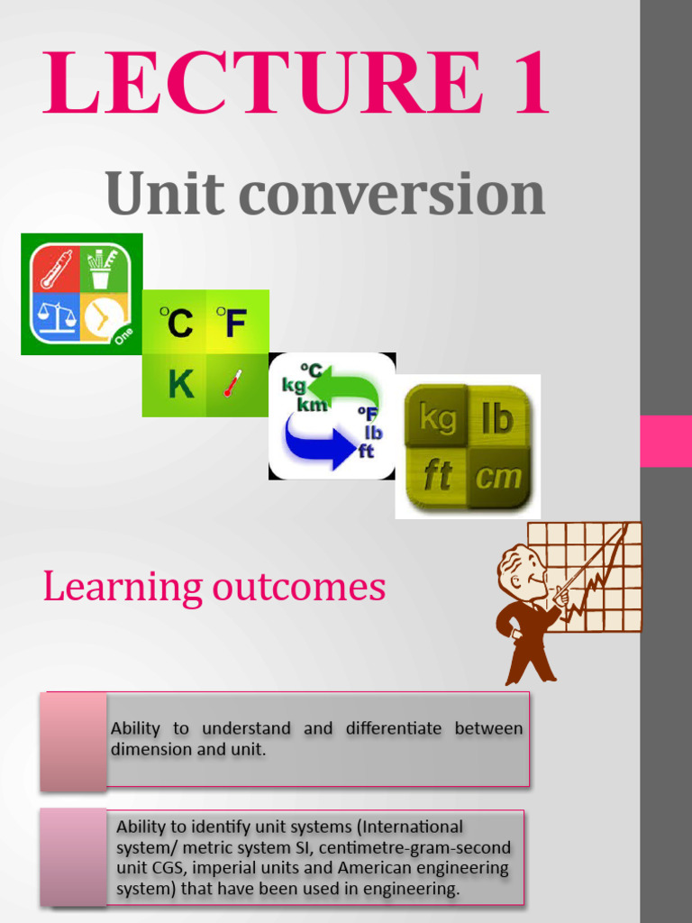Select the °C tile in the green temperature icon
(x=176, y=322)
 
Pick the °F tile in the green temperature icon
(x=232, y=322)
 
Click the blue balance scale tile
(x=57, y=318)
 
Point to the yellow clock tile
(x=105, y=318)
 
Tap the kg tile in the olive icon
(x=438, y=418)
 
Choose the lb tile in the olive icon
(x=496, y=418)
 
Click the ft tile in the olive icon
(x=438, y=475)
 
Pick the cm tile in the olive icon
(x=497, y=475)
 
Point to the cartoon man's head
(x=523, y=570)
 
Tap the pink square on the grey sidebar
(x=666, y=441)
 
